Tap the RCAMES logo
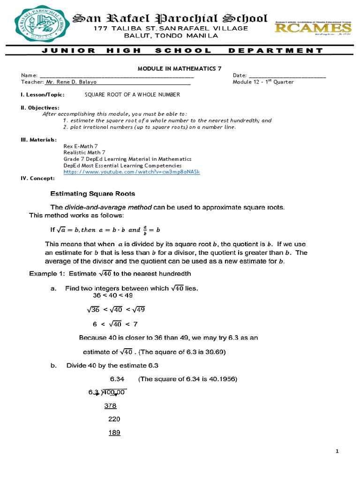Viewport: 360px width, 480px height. click(x=313, y=27)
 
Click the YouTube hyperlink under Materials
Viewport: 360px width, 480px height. click(x=132, y=172)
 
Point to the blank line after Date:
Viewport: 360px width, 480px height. click(x=287, y=75)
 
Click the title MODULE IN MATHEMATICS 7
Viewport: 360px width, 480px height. click(x=180, y=68)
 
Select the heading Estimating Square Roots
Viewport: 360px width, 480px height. click(x=93, y=193)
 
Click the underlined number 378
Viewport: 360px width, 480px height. click(x=110, y=405)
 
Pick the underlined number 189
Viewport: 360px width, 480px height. click(x=114, y=433)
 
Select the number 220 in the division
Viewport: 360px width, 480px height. click(x=114, y=419)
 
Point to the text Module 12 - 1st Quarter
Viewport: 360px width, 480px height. click(x=263, y=82)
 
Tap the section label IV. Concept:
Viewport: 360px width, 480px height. click(x=37, y=179)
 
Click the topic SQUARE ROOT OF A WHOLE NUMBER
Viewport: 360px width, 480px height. click(x=132, y=95)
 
